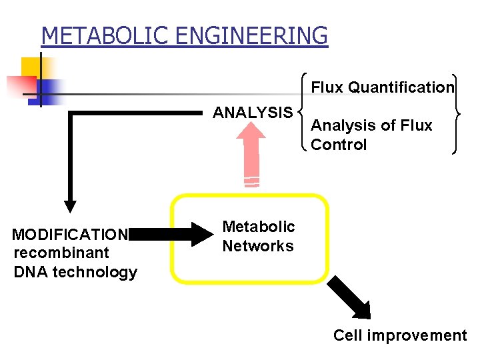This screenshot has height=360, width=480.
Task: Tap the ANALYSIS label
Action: (252, 113)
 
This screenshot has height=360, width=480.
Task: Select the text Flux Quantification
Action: (383, 87)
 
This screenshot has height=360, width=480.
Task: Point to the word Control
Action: (339, 145)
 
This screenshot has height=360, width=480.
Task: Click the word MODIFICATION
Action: (70, 235)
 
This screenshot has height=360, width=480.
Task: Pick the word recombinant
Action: (61, 253)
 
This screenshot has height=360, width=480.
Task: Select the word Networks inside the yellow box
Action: (258, 246)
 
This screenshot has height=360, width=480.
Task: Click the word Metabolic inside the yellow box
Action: (258, 227)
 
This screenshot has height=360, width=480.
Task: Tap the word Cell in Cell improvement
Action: (347, 335)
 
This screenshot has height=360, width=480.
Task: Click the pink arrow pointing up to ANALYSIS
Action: (251, 153)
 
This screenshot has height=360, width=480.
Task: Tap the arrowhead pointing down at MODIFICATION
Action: (69, 206)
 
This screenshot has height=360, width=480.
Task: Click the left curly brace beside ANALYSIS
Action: (303, 112)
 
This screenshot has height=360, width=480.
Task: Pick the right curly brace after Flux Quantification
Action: (457, 113)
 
